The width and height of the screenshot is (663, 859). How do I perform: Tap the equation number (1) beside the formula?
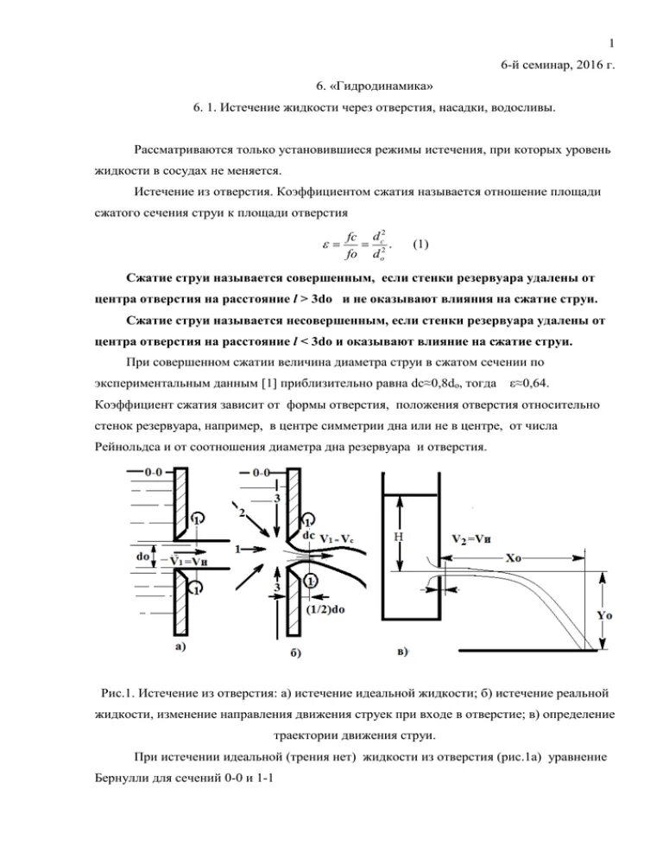[421, 244]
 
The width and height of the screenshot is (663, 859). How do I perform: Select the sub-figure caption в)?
[402, 649]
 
